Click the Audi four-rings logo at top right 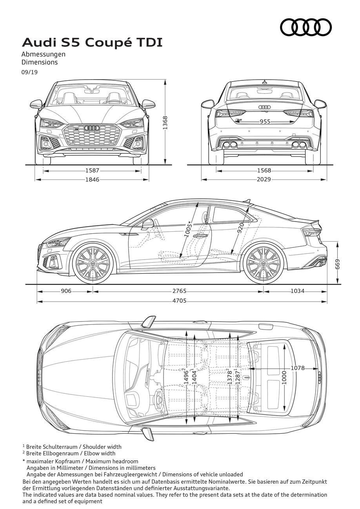[x=306, y=27]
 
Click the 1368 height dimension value [x=165, y=123]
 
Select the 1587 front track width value [x=92, y=171]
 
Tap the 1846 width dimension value [x=92, y=180]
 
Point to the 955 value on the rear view [x=265, y=122]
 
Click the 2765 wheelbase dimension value [x=179, y=291]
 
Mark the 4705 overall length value [x=179, y=301]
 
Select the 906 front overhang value [x=66, y=291]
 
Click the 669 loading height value [x=338, y=264]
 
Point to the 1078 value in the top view [x=298, y=368]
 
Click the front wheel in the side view [x=92, y=264]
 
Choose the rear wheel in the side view [x=264, y=264]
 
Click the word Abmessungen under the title [x=43, y=55]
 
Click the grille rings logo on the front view [x=92, y=128]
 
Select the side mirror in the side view [x=147, y=223]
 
